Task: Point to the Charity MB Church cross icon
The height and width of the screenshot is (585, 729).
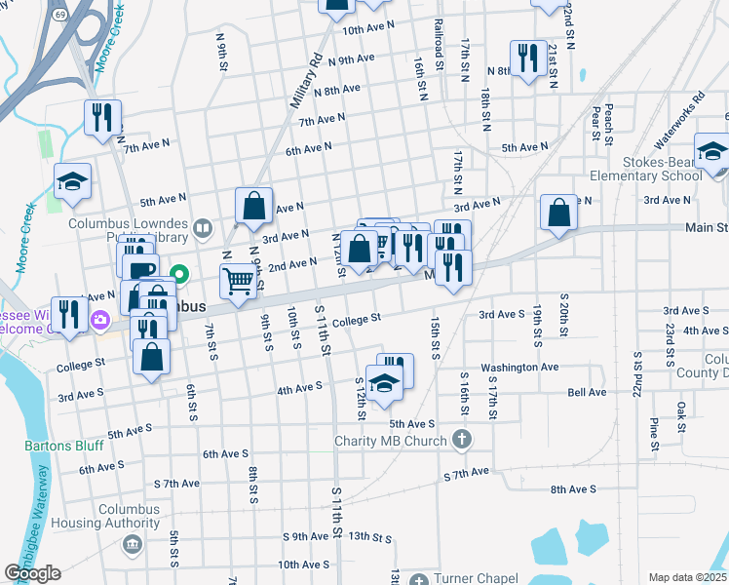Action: (x=462, y=441)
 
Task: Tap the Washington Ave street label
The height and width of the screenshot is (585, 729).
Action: (x=519, y=368)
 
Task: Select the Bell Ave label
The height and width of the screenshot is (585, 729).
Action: (x=587, y=392)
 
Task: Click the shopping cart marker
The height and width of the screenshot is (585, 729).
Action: (x=238, y=282)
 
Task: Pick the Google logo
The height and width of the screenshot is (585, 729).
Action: (x=32, y=573)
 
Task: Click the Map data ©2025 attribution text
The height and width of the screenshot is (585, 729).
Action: (x=687, y=577)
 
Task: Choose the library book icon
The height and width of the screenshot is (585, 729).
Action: (x=202, y=229)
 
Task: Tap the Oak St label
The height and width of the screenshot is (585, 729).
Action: (x=681, y=410)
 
